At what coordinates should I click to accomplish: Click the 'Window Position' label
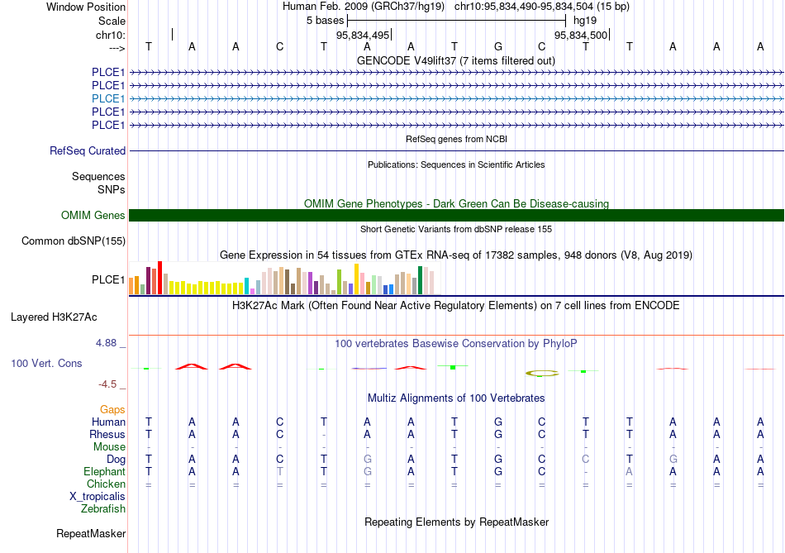click(x=86, y=7)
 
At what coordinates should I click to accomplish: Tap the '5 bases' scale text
click(x=326, y=21)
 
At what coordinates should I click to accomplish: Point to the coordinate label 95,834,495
click(x=363, y=35)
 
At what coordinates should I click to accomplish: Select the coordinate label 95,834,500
click(x=581, y=35)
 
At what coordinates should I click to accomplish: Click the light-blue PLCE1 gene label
click(x=108, y=98)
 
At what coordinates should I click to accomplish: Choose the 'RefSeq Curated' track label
click(x=88, y=150)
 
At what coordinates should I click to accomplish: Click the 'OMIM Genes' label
click(x=93, y=216)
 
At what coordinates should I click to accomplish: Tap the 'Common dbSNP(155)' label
click(x=74, y=241)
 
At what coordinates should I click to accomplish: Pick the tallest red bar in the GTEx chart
click(x=159, y=278)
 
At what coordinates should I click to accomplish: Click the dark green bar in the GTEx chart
click(x=420, y=280)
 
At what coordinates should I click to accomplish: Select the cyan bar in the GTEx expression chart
click(x=246, y=285)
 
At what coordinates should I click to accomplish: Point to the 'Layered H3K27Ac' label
click(x=54, y=317)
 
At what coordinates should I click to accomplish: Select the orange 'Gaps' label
click(x=112, y=410)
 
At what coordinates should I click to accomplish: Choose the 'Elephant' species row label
click(x=105, y=472)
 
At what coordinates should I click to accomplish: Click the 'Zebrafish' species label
click(x=103, y=509)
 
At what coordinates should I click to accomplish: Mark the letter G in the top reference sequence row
click(x=498, y=46)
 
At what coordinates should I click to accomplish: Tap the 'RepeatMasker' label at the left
click(x=91, y=534)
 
